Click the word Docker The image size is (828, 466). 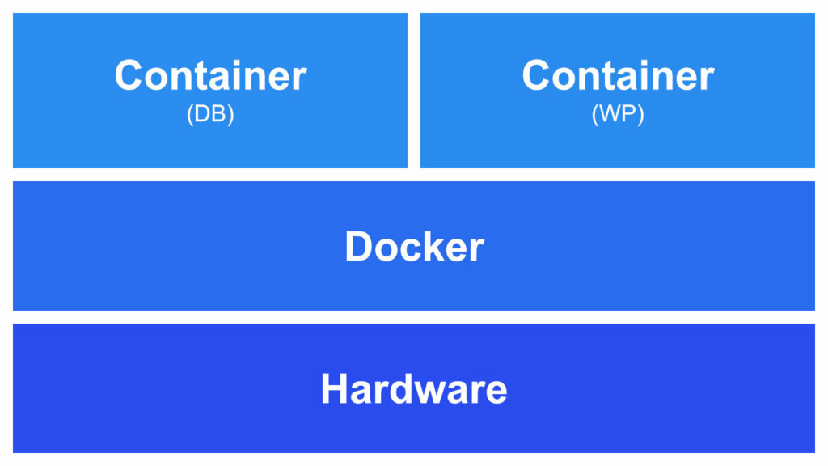(x=414, y=246)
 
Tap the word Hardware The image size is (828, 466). (x=414, y=389)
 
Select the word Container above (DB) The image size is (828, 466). (x=210, y=76)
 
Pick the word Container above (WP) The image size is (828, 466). (x=618, y=76)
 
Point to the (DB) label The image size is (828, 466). (x=210, y=115)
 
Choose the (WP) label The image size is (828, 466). (x=618, y=115)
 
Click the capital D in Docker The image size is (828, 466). (x=358, y=246)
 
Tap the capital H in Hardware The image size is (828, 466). (x=334, y=389)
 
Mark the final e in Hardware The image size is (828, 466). (x=496, y=392)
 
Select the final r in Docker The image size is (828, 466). (x=476, y=248)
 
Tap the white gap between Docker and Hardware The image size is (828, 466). (x=414, y=317)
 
